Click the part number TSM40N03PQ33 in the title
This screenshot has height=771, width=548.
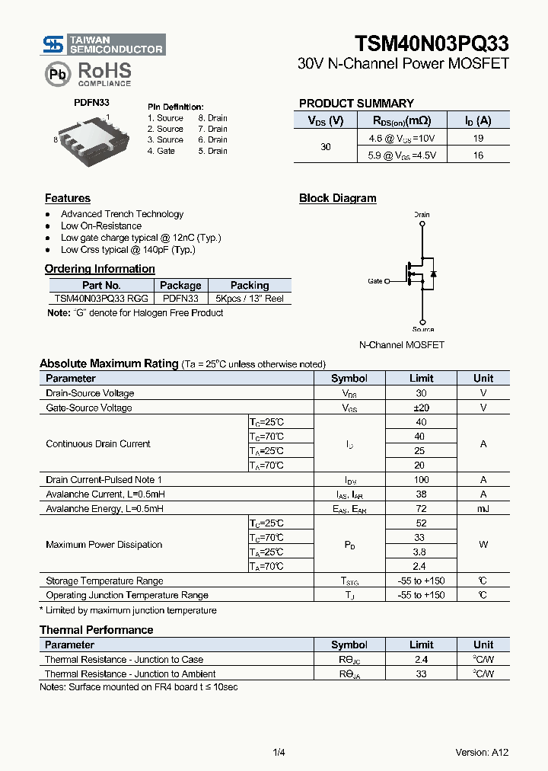tap(432, 43)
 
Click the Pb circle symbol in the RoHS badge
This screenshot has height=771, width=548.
tap(56, 74)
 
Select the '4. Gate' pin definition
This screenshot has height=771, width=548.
tap(161, 151)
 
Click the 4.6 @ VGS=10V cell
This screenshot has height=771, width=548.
tap(403, 138)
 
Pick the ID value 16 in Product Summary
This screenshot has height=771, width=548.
tap(478, 155)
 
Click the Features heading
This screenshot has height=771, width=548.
tap(68, 198)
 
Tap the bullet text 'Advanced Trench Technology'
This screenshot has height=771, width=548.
tap(122, 214)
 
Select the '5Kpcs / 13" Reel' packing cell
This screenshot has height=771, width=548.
tap(250, 299)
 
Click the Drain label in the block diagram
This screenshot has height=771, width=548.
tap(422, 215)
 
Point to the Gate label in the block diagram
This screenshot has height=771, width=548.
tap(375, 281)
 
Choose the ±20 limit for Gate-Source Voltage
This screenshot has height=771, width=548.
tap(421, 408)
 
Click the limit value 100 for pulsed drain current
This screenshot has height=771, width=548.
tap(421, 480)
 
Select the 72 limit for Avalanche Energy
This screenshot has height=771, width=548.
tap(421, 509)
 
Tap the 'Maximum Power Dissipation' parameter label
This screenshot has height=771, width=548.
tap(104, 545)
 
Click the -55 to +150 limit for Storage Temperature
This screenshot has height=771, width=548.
tap(421, 581)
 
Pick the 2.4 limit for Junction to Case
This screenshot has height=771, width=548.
tap(421, 660)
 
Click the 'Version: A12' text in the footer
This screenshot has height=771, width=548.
tap(482, 753)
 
